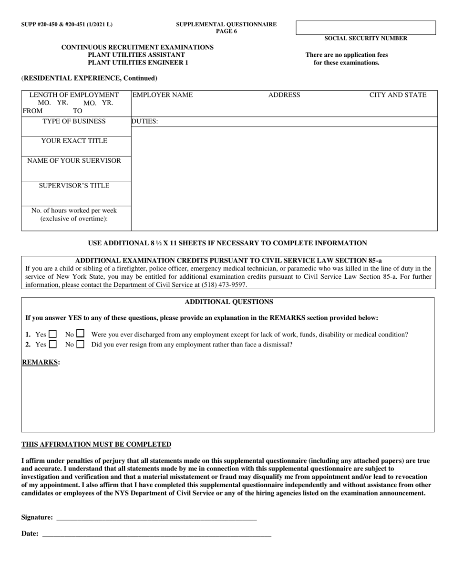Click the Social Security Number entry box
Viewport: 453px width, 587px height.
[x=366, y=28]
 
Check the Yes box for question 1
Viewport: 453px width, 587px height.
[x=52, y=334]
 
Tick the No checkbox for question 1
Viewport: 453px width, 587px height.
[x=80, y=334]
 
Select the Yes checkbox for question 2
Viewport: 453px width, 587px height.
[x=52, y=344]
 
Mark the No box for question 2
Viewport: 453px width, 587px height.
[x=80, y=344]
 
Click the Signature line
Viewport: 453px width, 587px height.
[x=156, y=517]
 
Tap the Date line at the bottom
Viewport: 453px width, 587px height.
[x=156, y=534]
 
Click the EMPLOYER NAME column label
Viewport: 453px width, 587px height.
[x=163, y=95]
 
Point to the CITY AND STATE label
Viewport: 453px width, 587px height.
[x=398, y=95]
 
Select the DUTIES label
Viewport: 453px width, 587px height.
[x=144, y=122]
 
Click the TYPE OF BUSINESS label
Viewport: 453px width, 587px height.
[x=74, y=121]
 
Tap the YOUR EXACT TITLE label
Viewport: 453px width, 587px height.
[x=74, y=141]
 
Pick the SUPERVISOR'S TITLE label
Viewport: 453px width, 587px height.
[x=74, y=186]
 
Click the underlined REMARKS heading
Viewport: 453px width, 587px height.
[x=41, y=362]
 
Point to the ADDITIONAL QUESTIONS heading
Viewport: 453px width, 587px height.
[x=229, y=302]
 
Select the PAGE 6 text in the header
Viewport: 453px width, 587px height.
[x=226, y=31]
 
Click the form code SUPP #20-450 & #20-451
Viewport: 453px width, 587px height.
[x=67, y=24]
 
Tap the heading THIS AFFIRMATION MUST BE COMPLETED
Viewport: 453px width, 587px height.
[x=96, y=444]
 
